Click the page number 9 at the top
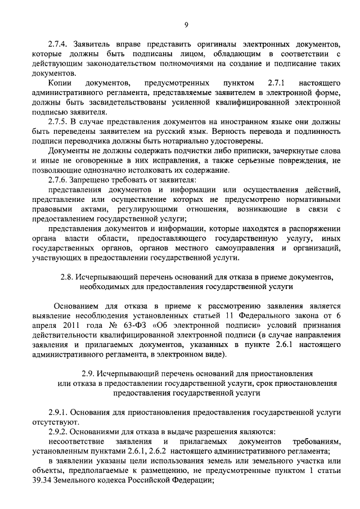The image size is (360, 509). point(186,22)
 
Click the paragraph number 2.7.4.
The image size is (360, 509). point(59,44)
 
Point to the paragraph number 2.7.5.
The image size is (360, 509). point(59,121)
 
